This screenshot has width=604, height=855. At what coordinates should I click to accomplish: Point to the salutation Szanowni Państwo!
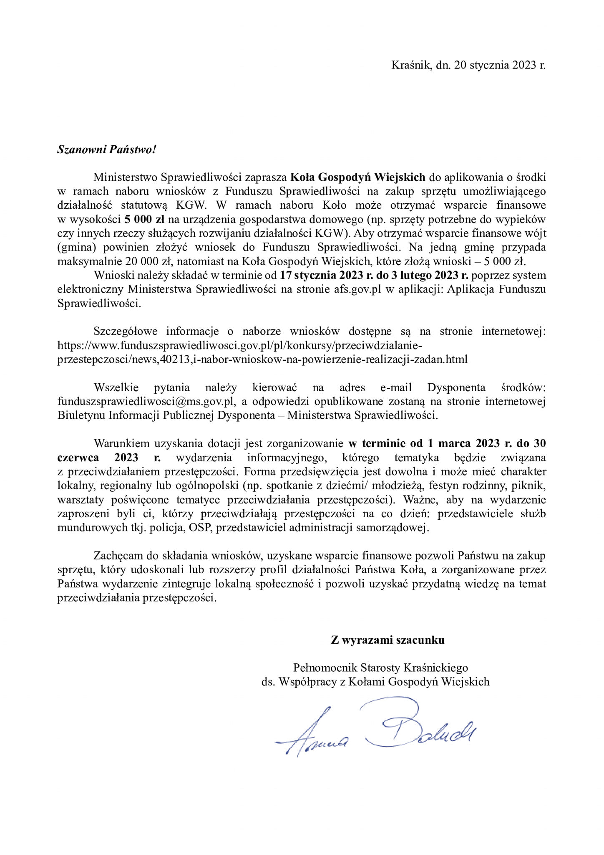106,149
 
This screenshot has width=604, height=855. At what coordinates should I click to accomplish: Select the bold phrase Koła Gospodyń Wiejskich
357,177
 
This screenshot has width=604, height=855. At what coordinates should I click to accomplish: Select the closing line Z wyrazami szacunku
388,640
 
